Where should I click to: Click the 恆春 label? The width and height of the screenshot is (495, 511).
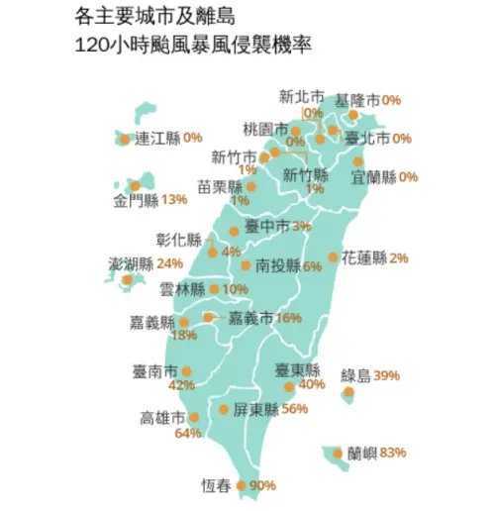click(216, 485)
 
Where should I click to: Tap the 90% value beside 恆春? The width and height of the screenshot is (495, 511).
click(262, 485)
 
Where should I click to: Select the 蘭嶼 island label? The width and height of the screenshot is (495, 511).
click(361, 454)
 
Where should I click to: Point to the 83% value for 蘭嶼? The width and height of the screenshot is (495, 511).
click(393, 454)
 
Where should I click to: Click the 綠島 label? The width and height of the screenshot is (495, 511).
click(355, 375)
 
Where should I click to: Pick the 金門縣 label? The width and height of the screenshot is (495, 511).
click(137, 201)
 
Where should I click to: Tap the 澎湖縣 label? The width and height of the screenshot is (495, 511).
click(132, 264)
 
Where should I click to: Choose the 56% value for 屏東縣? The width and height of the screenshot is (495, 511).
click(295, 409)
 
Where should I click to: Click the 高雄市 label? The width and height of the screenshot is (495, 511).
click(163, 417)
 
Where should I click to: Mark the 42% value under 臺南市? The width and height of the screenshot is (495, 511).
click(181, 385)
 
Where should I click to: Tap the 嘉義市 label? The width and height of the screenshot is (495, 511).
click(251, 318)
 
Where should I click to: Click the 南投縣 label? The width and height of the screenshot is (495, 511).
click(278, 265)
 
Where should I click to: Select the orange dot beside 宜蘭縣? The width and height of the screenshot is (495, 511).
click(357, 160)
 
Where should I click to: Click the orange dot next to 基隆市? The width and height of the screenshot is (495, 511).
click(354, 115)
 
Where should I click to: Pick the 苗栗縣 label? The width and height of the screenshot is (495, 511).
click(220, 186)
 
